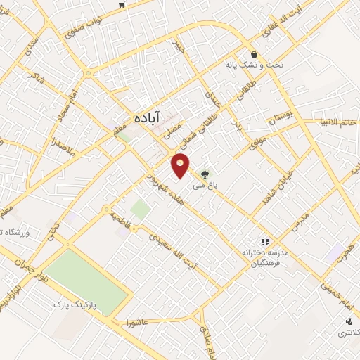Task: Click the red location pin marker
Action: [181, 165]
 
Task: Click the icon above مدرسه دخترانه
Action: [265, 241]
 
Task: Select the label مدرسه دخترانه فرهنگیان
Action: [266, 258]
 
